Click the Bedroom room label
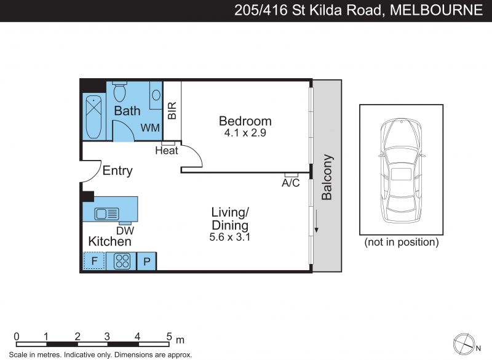[245, 121]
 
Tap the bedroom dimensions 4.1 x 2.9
[245, 133]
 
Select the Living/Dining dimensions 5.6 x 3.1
[229, 237]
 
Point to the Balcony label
[327, 177]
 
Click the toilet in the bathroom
[119, 91]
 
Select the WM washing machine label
[150, 128]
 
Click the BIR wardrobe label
[172, 111]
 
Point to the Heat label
[167, 151]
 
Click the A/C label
[290, 183]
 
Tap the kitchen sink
[106, 214]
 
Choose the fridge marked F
[94, 261]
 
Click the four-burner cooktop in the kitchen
[122, 261]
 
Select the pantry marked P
[146, 261]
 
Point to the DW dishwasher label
[125, 231]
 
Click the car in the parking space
[402, 170]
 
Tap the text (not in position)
[402, 242]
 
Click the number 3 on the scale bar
[107, 337]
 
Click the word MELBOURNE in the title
[436, 10]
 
